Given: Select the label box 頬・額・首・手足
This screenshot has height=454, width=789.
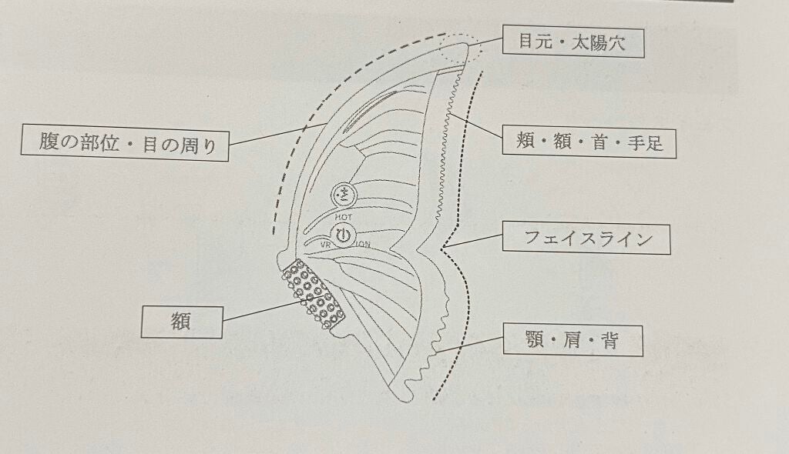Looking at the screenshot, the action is point(589,143).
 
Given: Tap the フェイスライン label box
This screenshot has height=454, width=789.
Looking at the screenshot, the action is point(586,239).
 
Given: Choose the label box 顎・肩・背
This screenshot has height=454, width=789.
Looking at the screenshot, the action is point(573,340).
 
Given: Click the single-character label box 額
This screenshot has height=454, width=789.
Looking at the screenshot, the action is point(182,322).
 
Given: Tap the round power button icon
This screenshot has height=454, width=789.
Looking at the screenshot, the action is point(343,235).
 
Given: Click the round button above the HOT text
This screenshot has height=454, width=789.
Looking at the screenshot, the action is point(344,195).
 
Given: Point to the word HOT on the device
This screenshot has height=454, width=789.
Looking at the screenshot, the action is point(344,217).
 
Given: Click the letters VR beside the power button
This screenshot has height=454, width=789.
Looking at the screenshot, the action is point(326,244).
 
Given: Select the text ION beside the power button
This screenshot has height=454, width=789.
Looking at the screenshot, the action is point(364,245).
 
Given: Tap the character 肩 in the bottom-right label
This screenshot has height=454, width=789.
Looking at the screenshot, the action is point(572,340).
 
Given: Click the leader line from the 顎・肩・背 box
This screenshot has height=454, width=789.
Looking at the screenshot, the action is point(469,345).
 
